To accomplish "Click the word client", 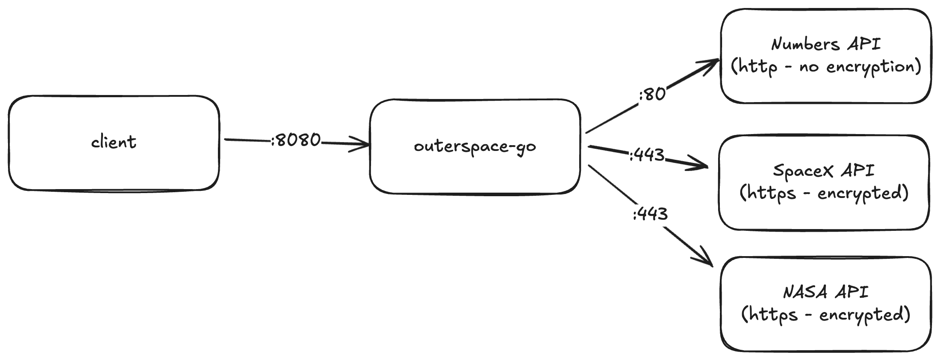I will (x=114, y=142).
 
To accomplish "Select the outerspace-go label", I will (x=475, y=146).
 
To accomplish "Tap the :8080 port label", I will (x=296, y=140).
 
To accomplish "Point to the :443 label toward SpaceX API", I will (x=647, y=155).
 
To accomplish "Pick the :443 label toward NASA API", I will (x=650, y=214).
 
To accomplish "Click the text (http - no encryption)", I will (x=825, y=67).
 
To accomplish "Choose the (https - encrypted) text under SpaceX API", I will (x=824, y=193).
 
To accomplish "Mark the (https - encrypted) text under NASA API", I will (x=825, y=315).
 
